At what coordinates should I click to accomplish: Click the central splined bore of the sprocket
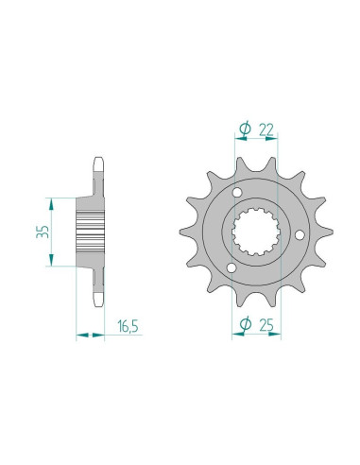pyautogui.click(x=254, y=232)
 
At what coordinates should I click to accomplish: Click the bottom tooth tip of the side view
pyautogui.click(x=98, y=304)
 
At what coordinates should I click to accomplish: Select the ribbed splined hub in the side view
pyautogui.click(x=91, y=232)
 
